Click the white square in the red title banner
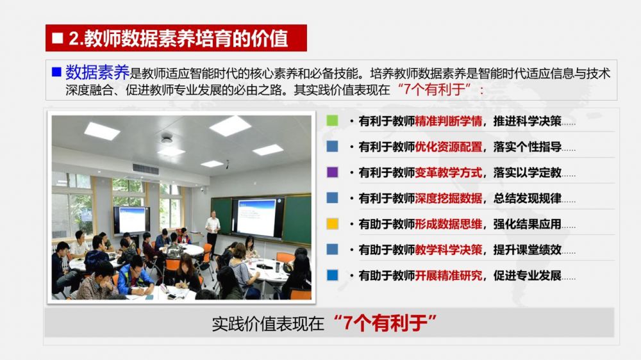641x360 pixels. pyautogui.click(x=58, y=38)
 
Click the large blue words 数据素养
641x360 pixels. pyautogui.click(x=97, y=72)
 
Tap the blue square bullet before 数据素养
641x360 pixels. pyautogui.click(x=56, y=72)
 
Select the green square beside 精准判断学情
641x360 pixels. pyautogui.click(x=332, y=120)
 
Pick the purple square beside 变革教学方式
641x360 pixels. pyautogui.click(x=332, y=172)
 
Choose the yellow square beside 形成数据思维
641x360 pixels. pyautogui.click(x=332, y=224)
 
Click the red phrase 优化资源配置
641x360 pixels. pyautogui.click(x=449, y=147)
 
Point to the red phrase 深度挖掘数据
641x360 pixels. pyautogui.click(x=449, y=198)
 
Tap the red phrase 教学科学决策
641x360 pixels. pyautogui.click(x=449, y=250)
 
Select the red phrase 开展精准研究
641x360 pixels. pyautogui.click(x=449, y=275)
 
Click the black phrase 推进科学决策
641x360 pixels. pyautogui.click(x=528, y=121)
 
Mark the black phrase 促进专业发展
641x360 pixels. pyautogui.click(x=528, y=275)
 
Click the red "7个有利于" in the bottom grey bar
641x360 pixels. pyautogui.click(x=385, y=323)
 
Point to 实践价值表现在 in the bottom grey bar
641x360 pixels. pyautogui.click(x=268, y=323)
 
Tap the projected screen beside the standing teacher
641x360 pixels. pyautogui.click(x=257, y=217)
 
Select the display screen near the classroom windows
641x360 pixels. pyautogui.click(x=131, y=220)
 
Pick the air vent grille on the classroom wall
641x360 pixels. pyautogui.click(x=146, y=168)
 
